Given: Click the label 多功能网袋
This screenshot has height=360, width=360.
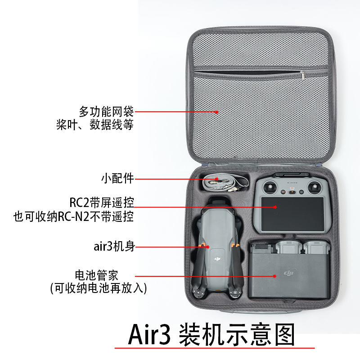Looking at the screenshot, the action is tap(106, 112).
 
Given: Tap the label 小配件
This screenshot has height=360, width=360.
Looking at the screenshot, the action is tap(117, 178).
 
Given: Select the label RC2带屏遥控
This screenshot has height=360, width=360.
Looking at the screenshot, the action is tap(102, 202).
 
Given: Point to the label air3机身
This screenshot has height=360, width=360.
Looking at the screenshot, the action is tap(114, 246).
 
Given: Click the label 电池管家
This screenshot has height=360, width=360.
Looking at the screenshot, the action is tap(96, 275).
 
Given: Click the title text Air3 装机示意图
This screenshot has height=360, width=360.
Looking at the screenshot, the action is tap(211, 334).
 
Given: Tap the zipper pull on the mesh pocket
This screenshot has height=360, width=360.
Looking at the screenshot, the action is tap(302, 76).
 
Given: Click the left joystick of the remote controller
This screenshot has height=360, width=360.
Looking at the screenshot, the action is tap(270, 187).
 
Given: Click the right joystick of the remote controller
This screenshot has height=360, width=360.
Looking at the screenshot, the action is tap(314, 188).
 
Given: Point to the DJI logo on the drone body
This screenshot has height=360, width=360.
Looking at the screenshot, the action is tap(217, 259).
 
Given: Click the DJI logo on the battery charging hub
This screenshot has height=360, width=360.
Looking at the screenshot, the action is tap(288, 273).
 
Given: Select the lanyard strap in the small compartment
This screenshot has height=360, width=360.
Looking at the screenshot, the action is tap(225, 183).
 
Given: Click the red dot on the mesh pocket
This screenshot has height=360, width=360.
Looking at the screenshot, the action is tap(216, 112).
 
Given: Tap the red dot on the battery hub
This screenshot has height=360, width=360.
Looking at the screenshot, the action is tap(274, 276).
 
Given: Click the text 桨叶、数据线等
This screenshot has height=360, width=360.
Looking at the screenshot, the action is tap(95, 125).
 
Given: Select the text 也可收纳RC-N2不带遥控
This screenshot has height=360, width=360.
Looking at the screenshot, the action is tap(73, 216).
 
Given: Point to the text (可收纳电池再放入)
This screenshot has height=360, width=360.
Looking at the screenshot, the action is tap(99, 288).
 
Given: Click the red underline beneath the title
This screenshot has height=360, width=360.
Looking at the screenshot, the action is tap(215, 348).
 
